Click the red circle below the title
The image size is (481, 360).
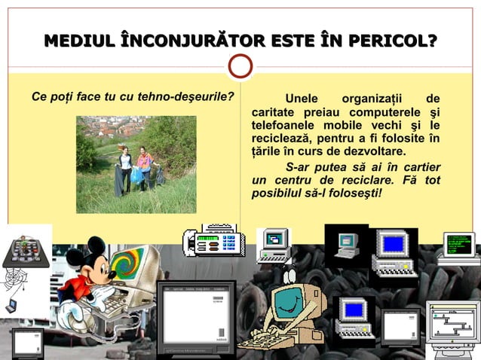[240, 66]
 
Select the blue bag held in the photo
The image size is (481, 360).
[136, 175]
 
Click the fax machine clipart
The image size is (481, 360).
[213, 241]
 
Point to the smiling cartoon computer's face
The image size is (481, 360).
[286, 301]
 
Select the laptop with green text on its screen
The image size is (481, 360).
[458, 247]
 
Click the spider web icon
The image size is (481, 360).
[16, 282]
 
